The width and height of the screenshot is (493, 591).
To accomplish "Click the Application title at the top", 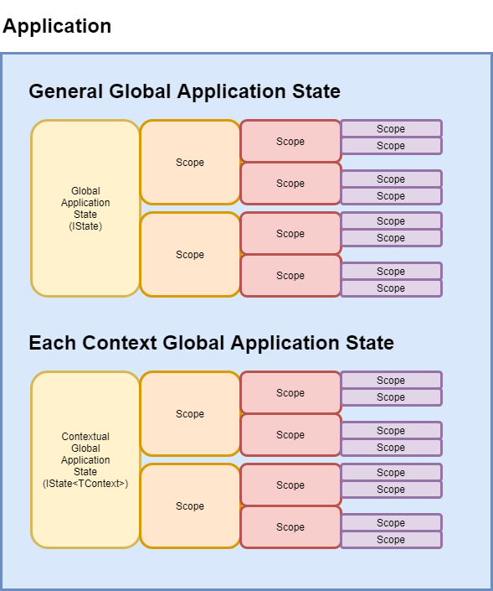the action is [57, 26].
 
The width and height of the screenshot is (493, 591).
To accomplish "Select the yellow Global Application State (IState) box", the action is [85, 209].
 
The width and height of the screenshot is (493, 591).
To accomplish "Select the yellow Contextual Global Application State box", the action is [85, 460].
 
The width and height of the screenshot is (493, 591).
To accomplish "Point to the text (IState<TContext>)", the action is [85, 484].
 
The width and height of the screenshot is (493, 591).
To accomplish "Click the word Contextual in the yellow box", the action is [85, 437].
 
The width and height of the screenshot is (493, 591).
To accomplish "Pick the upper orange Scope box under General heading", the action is [190, 163].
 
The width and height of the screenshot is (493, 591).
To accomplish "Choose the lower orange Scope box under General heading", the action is [190, 255].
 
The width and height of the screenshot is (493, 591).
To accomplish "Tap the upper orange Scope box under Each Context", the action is [190, 414].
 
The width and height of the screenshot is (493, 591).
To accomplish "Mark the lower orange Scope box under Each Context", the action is [190, 506].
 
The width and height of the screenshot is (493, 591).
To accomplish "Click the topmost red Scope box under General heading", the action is [290, 142].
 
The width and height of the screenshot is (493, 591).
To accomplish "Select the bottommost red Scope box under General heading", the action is [290, 276].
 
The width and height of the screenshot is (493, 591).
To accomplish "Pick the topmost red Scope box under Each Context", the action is [290, 393].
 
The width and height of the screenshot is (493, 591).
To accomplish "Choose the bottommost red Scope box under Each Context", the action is [290, 527].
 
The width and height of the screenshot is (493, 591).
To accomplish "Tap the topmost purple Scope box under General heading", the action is [391, 129].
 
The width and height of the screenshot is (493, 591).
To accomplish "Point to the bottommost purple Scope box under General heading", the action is [391, 288].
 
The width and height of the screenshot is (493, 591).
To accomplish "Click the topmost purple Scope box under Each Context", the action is [391, 381].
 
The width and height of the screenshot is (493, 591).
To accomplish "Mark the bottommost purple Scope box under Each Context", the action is [391, 540].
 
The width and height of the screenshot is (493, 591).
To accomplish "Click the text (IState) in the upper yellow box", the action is [85, 226].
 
